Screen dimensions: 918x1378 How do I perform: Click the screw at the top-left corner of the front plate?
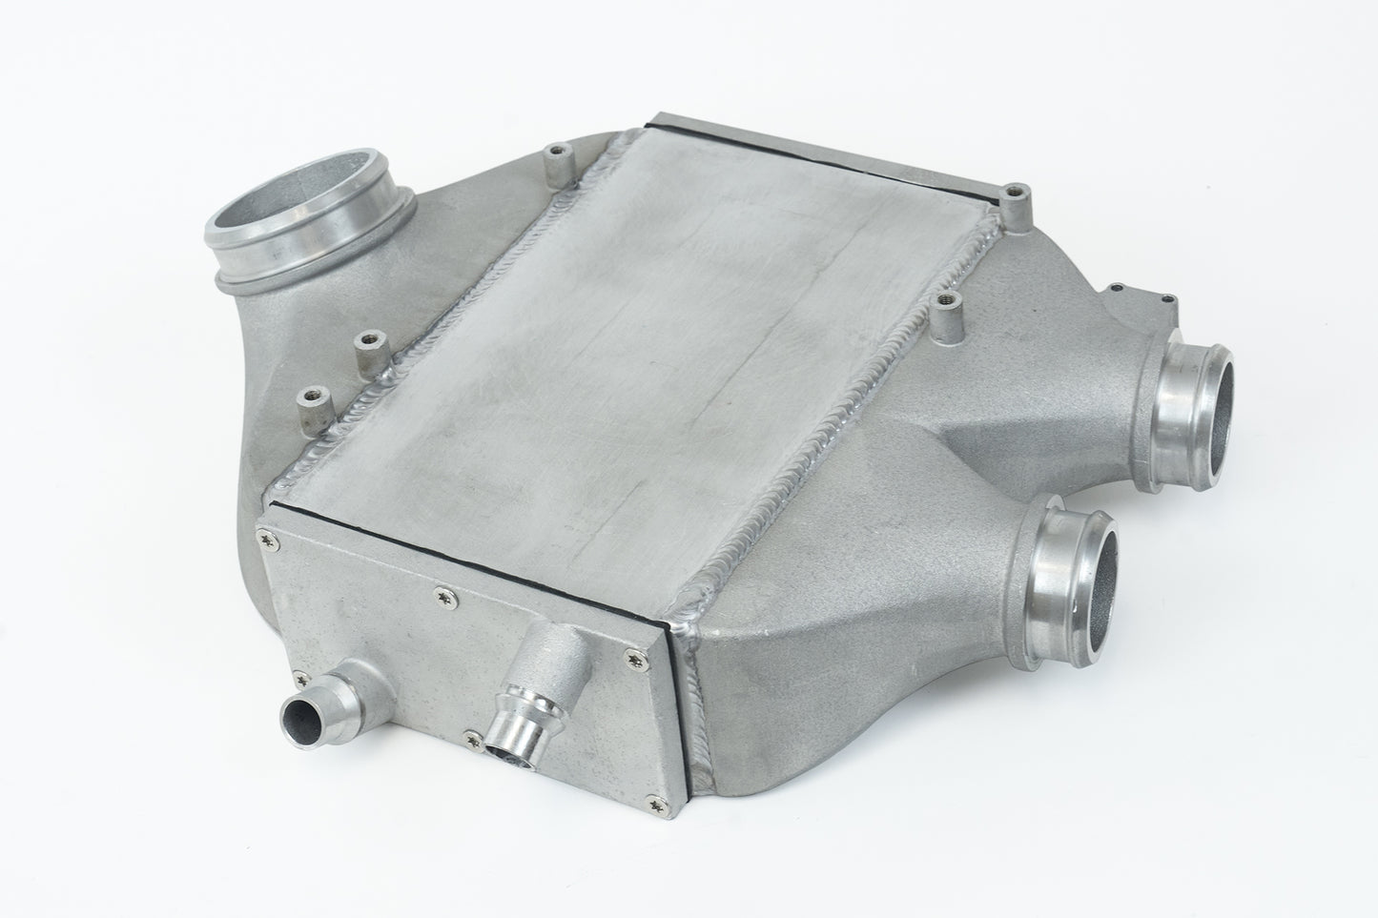[x=263, y=541]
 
